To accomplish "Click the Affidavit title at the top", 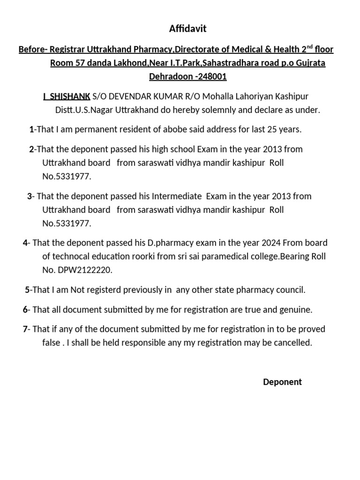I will [187, 29].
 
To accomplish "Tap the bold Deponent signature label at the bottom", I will [282, 382].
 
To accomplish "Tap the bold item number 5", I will [27, 290].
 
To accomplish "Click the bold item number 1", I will [31, 129].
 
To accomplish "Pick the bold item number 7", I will [25, 329].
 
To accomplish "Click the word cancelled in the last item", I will [293, 343].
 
